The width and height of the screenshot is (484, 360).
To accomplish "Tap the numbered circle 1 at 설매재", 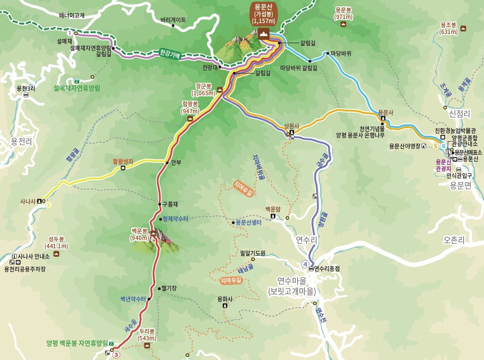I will click(x=69, y=33).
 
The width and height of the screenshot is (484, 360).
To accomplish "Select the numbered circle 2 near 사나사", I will click(x=49, y=205).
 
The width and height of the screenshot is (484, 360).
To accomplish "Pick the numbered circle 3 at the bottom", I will click(x=116, y=355).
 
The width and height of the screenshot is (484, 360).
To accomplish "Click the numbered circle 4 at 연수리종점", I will click(x=305, y=264).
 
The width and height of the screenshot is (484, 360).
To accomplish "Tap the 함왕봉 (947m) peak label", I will click(x=191, y=107).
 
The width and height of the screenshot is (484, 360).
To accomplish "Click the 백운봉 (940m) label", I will click(x=140, y=234).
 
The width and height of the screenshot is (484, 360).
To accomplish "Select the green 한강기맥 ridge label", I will click(x=170, y=54).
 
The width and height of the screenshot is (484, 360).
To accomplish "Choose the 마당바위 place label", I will click(x=341, y=53).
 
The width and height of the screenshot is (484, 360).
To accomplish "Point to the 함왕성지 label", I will click(x=123, y=161).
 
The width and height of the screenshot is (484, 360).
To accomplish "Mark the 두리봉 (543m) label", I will click(x=147, y=334).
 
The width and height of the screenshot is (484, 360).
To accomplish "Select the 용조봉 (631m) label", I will click(x=449, y=29).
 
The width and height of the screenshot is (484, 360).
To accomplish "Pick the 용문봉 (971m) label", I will click(x=344, y=13).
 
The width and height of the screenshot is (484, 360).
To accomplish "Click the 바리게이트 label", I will click(x=173, y=20).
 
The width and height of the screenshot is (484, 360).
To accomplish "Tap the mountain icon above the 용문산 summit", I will click(x=263, y=33).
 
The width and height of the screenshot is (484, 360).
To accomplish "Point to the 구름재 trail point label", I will click(x=170, y=204).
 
